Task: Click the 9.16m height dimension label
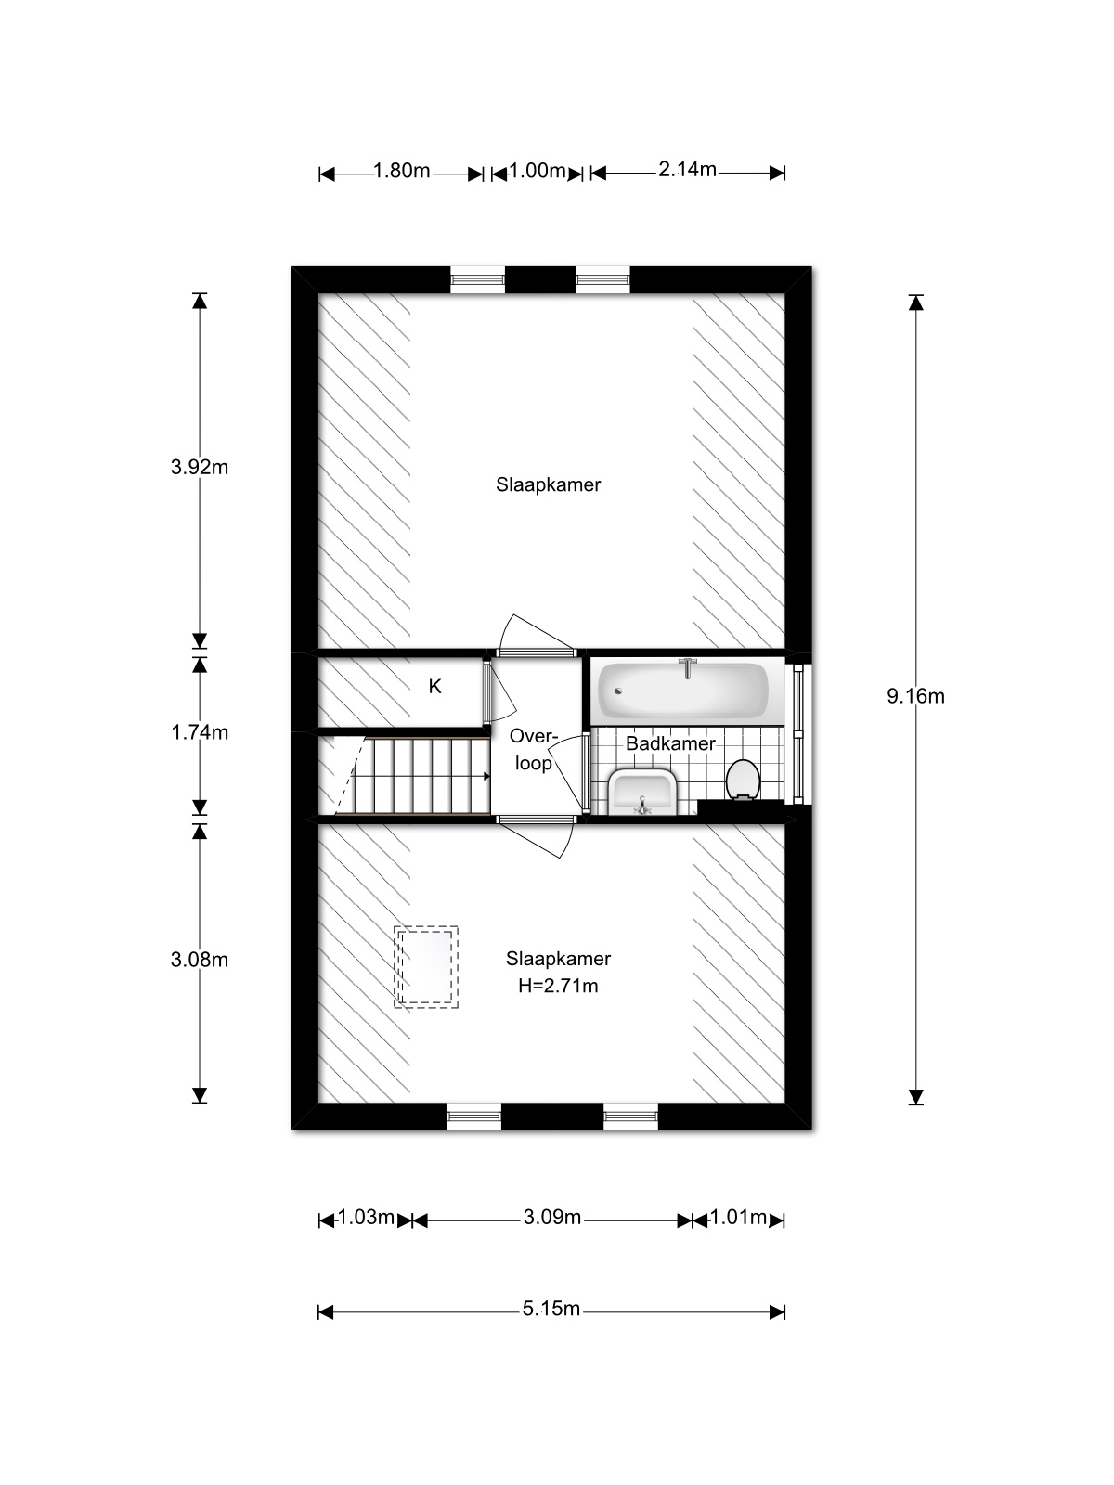915,696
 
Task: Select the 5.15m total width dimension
551,1309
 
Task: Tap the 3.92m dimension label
199,467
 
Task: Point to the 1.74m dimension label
199,732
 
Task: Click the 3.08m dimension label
199,960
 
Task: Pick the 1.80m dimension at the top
401,171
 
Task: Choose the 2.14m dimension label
687,169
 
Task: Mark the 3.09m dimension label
551,1217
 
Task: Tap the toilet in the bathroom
742,778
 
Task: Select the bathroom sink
643,792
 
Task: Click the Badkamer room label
670,743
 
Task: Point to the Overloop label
533,750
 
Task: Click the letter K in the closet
434,687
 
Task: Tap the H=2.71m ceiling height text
558,986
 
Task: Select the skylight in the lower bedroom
426,966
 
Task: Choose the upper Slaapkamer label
548,484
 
